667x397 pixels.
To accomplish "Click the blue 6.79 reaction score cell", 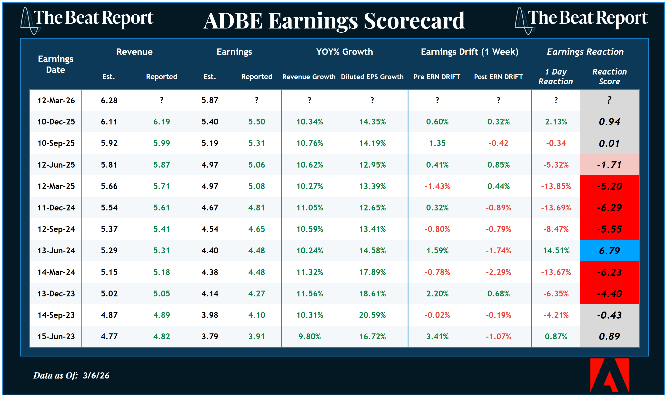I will click(x=609, y=251).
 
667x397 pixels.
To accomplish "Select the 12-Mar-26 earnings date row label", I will click(x=56, y=100).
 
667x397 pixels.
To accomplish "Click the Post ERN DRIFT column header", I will click(x=498, y=77).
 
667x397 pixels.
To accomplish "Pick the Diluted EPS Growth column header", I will click(x=372, y=77).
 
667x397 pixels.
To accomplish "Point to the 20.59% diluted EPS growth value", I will click(x=372, y=315).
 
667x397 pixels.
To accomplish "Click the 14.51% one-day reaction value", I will click(x=556, y=251).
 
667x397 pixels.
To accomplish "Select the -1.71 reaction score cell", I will click(x=609, y=165).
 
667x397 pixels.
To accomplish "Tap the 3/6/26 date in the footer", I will click(x=96, y=375).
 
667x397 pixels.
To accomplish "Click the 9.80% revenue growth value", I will click(x=309, y=336).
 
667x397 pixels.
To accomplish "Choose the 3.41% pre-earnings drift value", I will click(x=437, y=336).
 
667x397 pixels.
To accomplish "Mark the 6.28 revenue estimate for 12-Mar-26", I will click(x=109, y=100).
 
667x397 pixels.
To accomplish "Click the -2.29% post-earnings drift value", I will click(x=498, y=272).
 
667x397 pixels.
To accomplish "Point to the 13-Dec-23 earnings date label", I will click(x=56, y=293).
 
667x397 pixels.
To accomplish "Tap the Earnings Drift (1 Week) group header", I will click(x=469, y=52).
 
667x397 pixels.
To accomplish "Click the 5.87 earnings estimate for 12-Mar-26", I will click(x=210, y=100).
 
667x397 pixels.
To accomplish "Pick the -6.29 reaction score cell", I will click(x=609, y=208).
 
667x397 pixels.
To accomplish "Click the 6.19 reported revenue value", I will click(x=161, y=122).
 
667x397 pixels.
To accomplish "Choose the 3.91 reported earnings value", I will click(x=257, y=336).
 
